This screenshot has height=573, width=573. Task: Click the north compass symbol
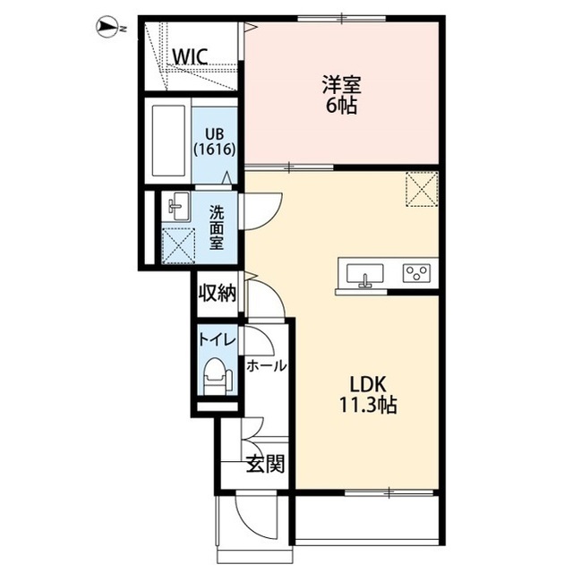click(x=110, y=28)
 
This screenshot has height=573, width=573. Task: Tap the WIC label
click(x=190, y=56)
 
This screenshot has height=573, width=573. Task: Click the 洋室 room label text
click(x=341, y=85)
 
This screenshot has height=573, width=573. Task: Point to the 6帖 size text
click(x=341, y=106)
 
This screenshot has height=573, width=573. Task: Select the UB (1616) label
click(x=215, y=141)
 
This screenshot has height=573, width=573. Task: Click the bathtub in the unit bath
click(x=168, y=141)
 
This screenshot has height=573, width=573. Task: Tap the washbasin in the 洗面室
click(x=179, y=207)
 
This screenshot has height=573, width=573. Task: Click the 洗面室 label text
click(x=217, y=228)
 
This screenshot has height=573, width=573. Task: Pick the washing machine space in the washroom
click(x=178, y=245)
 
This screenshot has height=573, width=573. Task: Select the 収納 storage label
click(x=218, y=293)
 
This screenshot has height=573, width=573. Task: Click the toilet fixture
click(x=217, y=376)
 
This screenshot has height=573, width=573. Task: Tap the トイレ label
click(x=217, y=340)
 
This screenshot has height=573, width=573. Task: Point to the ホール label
click(x=266, y=366)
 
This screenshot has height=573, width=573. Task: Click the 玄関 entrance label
click(x=265, y=464)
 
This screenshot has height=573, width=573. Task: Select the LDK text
click(x=368, y=384)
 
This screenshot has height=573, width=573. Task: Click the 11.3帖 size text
click(x=368, y=405)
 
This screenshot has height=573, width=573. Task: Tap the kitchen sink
click(x=364, y=275)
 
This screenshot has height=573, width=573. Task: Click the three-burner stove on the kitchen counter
click(x=416, y=273)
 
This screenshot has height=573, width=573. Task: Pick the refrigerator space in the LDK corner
click(x=422, y=189)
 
